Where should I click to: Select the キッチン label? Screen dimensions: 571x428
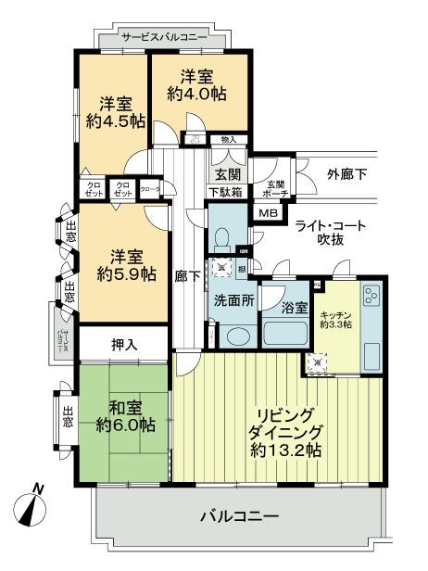coord(335,314)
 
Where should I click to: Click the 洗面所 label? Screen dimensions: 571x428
coord(232,301)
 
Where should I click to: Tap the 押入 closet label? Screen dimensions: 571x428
coord(124,344)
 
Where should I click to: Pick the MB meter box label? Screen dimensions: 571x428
coord(267,214)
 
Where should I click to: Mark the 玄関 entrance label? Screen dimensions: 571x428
coord(227,173)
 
